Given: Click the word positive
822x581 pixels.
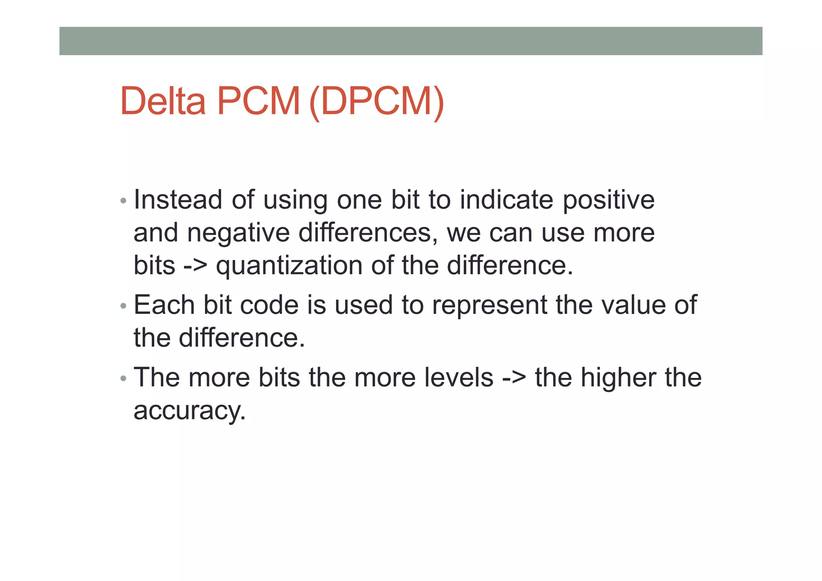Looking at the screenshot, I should coord(608,200).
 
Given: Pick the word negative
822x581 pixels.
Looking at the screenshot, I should coord(238,233).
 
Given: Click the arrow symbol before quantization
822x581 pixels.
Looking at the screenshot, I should coord(195,265).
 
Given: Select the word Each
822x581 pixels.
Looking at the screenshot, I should coord(164,305).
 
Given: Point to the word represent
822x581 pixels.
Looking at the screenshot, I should coord(489,306).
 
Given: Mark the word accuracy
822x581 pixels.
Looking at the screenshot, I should coord(189,411).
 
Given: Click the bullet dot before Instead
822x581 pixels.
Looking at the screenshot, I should coord(123,200).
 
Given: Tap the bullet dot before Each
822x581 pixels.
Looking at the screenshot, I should coord(123,306).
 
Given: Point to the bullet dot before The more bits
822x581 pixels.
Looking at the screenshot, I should coord(123,378).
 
